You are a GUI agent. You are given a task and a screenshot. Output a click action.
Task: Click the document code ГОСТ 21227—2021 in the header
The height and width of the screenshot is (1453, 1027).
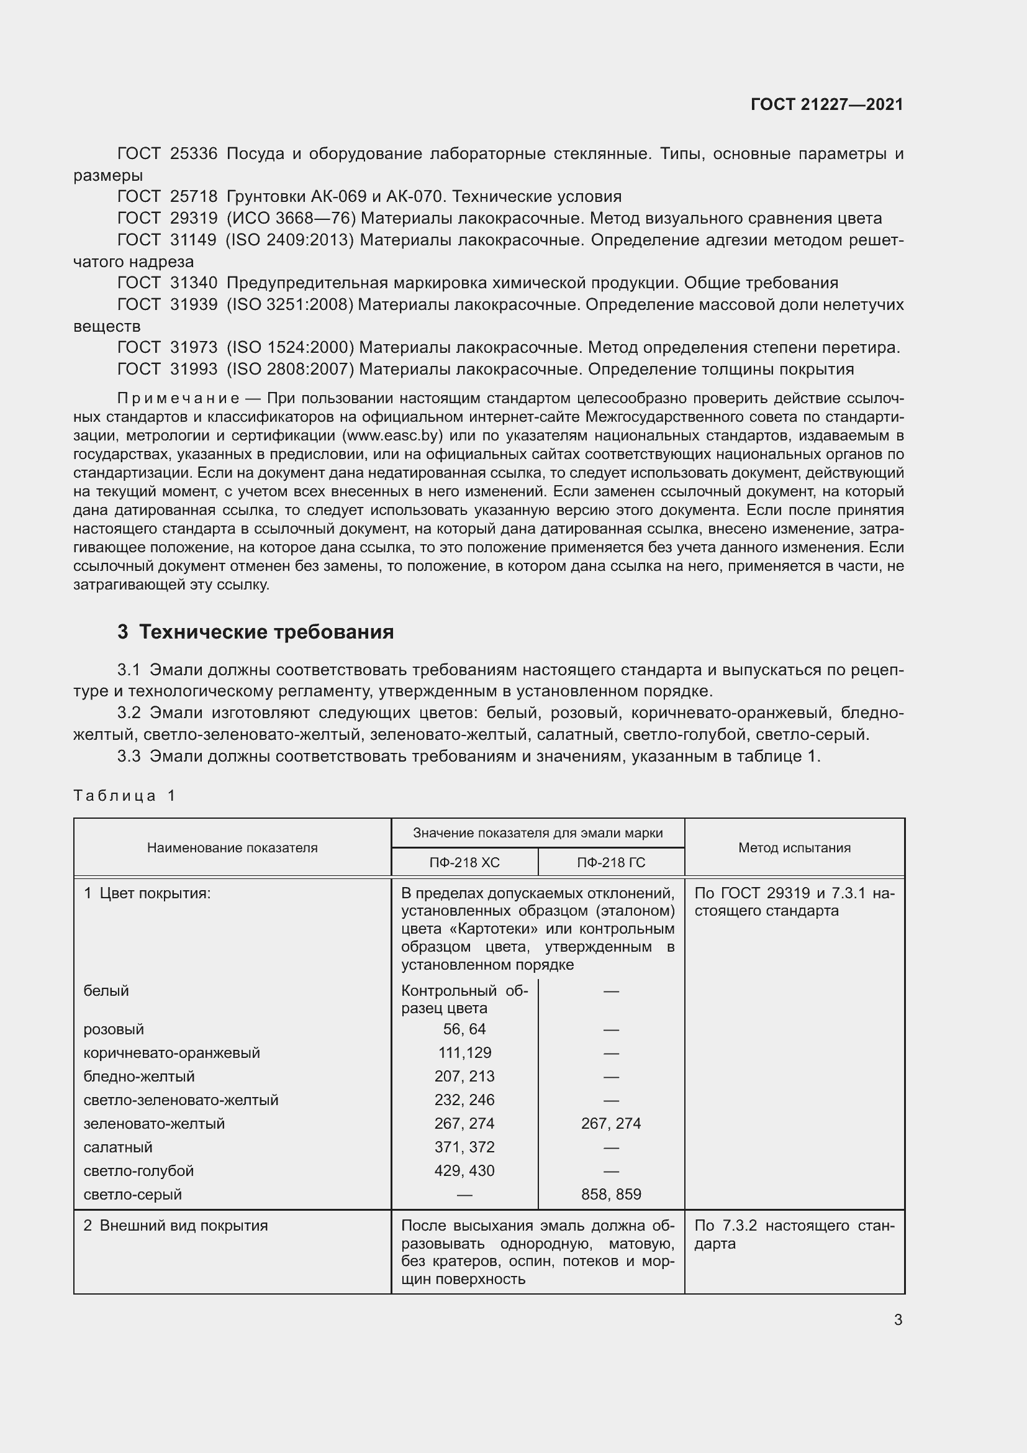pos(826,104)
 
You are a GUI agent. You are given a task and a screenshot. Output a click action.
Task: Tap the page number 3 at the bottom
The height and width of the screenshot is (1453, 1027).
pos(898,1319)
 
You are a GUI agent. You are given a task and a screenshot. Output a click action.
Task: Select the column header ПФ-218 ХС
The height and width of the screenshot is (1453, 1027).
pos(464,863)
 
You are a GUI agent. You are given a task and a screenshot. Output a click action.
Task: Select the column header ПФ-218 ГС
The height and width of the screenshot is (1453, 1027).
pos(611,863)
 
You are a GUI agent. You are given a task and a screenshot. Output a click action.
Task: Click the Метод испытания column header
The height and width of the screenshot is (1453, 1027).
pos(794,847)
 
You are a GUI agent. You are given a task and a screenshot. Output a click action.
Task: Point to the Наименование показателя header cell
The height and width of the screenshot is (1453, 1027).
pos(232,847)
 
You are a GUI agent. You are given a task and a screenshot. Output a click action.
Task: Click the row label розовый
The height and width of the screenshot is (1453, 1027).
pos(114,1029)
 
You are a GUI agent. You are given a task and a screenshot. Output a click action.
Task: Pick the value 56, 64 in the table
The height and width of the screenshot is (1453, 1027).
pos(464,1029)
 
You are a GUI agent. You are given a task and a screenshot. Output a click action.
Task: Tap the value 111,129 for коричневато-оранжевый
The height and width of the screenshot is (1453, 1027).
pos(464,1052)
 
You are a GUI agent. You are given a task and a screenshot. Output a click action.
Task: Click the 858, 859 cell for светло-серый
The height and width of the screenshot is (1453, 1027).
pos(611,1194)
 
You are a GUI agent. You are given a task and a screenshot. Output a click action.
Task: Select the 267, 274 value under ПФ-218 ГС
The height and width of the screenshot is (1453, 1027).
pos(611,1123)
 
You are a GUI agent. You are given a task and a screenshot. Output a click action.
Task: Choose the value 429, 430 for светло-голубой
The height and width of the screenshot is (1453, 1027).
pos(464,1171)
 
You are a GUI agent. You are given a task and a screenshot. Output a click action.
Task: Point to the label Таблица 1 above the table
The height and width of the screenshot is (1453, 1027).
pos(124,796)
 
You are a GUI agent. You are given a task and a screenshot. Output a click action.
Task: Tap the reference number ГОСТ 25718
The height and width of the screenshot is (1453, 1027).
pos(167,196)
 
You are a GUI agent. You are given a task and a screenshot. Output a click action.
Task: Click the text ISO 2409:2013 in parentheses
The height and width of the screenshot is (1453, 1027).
pos(289,240)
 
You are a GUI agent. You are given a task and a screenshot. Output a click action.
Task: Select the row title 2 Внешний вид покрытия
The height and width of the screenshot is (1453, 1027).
pos(176,1226)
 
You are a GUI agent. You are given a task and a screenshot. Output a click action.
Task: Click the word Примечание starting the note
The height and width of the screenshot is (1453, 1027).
pos(178,398)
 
